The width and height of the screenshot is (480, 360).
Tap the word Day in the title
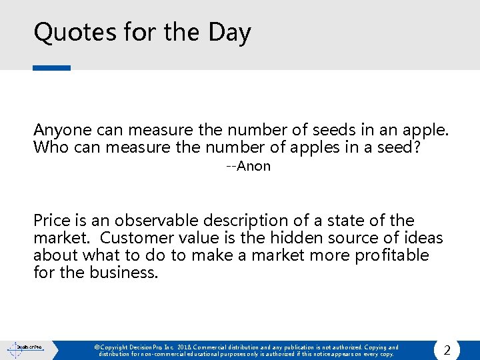tap(229, 33)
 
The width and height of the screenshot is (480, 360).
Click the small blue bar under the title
tap(51, 67)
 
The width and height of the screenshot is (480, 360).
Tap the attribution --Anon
tap(248, 166)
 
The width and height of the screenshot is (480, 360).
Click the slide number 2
tap(447, 350)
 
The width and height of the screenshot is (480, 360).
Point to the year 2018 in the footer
tap(185, 347)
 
